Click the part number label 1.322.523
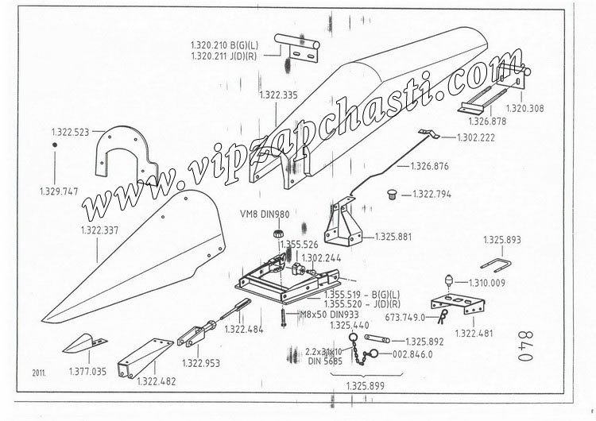click(70, 132)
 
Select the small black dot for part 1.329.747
click(55, 145)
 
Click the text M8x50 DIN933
click(329, 315)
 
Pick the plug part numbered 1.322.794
click(392, 195)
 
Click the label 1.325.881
click(393, 237)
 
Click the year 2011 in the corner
click(39, 373)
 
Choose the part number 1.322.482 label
click(157, 381)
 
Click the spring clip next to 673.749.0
click(443, 316)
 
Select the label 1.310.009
click(487, 283)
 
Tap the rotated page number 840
click(526, 346)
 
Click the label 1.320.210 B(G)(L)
click(224, 45)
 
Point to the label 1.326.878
click(487, 122)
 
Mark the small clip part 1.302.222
click(429, 133)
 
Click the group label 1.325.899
click(366, 386)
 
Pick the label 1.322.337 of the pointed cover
click(99, 230)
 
